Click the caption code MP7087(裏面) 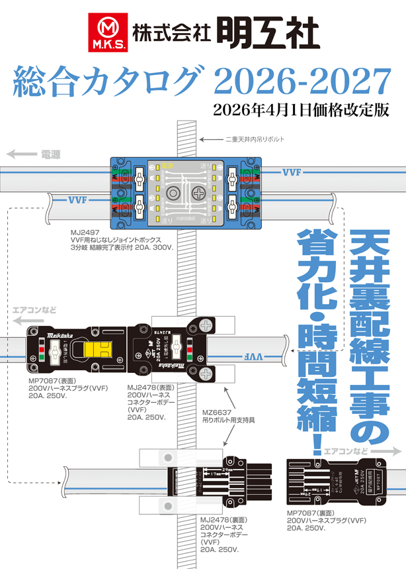[x=310, y=513]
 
